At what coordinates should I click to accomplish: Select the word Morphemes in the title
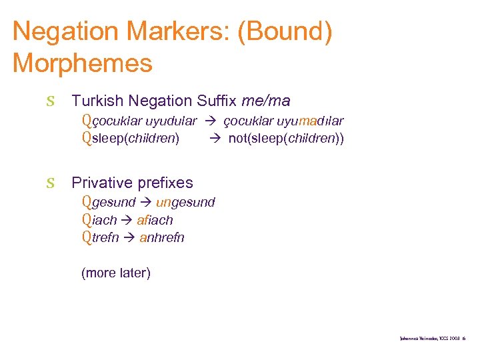click(x=82, y=63)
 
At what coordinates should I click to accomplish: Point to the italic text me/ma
click(x=266, y=101)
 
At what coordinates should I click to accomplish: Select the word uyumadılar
click(x=312, y=121)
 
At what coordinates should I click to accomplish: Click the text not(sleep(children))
click(x=286, y=139)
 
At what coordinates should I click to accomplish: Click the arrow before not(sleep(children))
click(x=217, y=139)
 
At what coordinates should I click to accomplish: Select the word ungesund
click(x=185, y=202)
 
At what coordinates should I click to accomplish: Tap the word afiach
click(x=155, y=220)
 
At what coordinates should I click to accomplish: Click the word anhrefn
click(x=162, y=237)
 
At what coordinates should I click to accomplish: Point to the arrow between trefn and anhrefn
click(x=129, y=237)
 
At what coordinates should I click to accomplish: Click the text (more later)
click(x=115, y=273)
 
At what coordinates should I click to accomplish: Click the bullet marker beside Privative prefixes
click(x=50, y=183)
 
